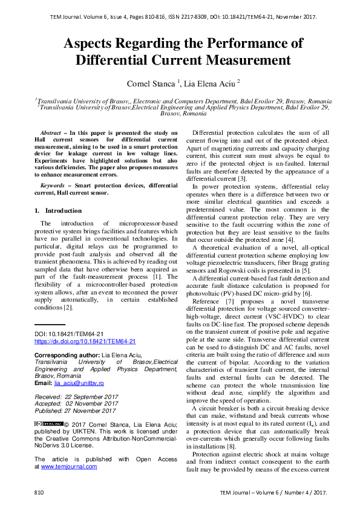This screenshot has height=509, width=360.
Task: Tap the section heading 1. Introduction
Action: tap(58, 210)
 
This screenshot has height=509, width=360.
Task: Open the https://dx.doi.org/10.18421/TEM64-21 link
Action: tap(85, 342)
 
